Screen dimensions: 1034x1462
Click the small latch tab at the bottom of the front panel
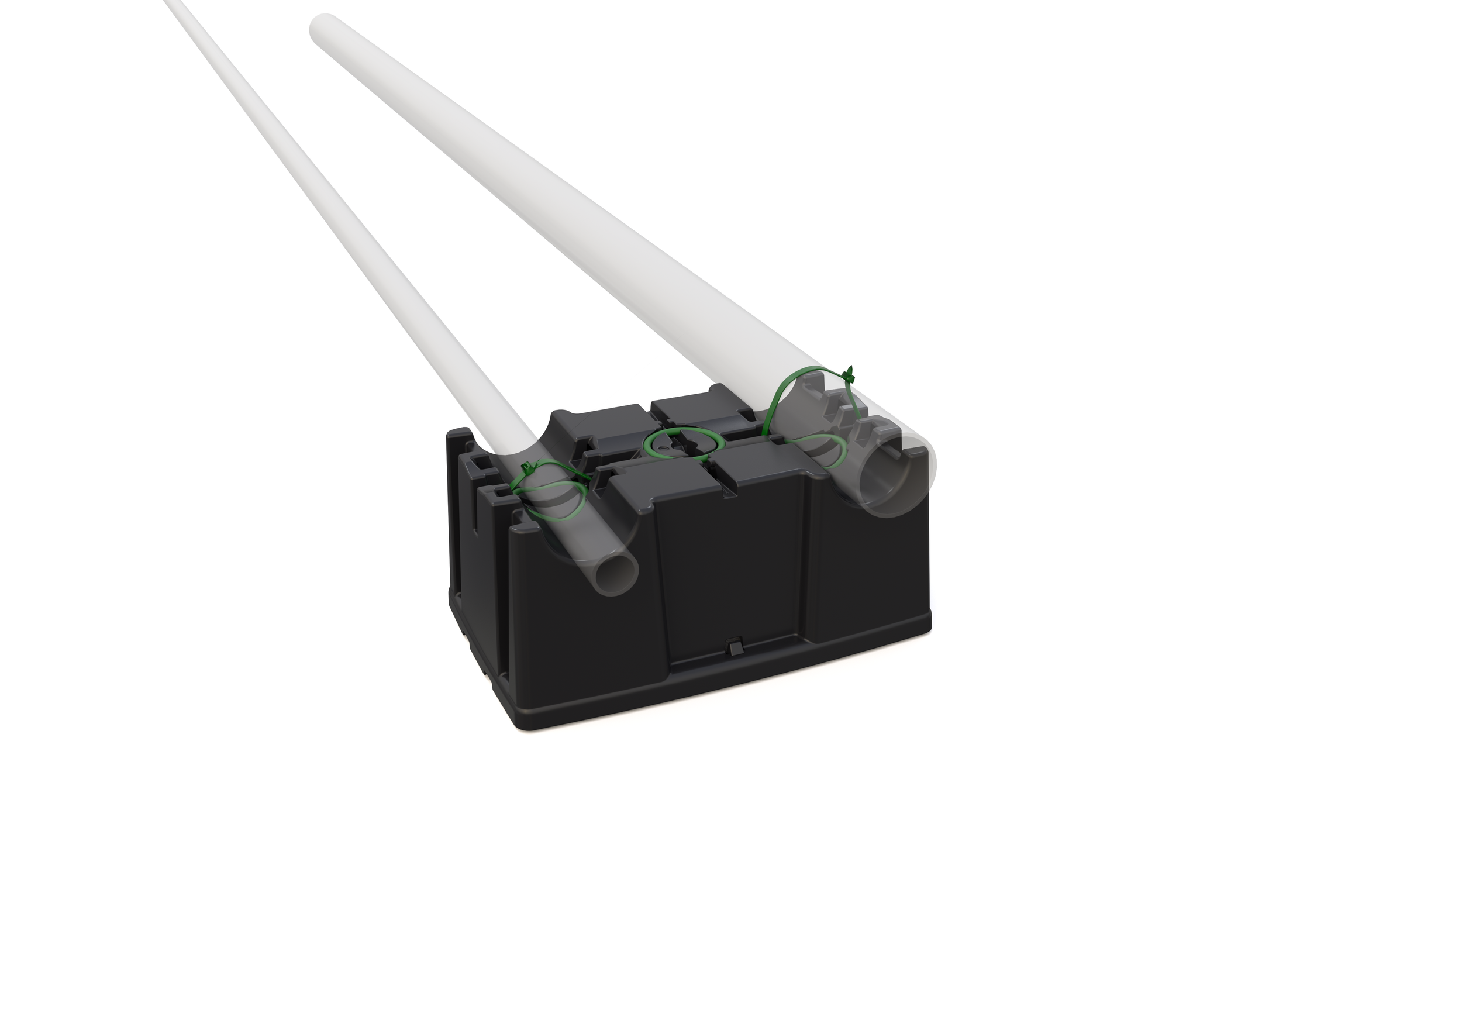point(733,647)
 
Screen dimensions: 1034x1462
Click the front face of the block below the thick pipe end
point(873,573)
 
